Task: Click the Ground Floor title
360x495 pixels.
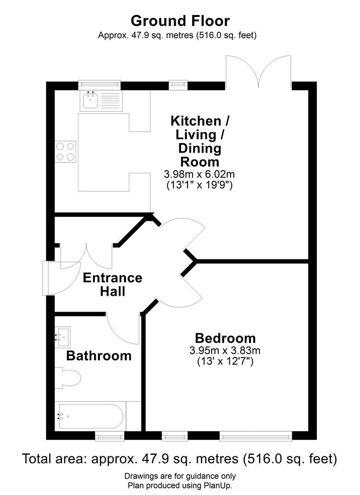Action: [x=180, y=21]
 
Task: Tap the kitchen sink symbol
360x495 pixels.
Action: [x=89, y=100]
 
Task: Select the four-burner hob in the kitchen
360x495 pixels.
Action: [x=66, y=152]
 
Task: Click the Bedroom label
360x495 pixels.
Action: [x=225, y=338]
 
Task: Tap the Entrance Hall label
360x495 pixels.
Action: [x=112, y=284]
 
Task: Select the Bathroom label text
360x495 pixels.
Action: [x=99, y=355]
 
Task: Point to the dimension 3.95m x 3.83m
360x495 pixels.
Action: [x=225, y=351]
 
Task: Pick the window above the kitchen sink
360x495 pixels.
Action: [x=100, y=84]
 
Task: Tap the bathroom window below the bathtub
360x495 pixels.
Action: [x=110, y=437]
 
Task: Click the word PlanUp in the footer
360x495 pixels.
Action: [x=219, y=485]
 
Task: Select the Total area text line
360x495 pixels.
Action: [x=180, y=458]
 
